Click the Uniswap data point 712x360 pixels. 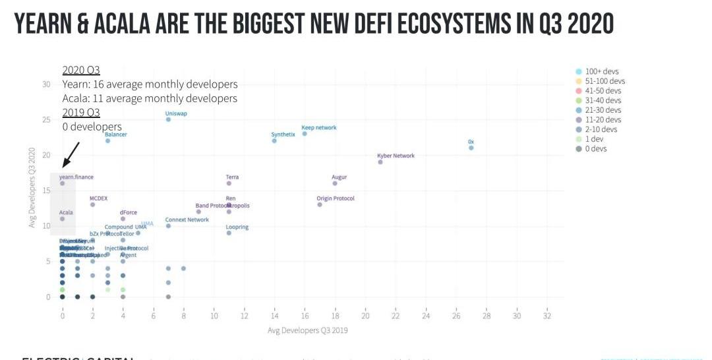click(x=168, y=119)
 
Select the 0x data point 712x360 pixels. click(x=471, y=148)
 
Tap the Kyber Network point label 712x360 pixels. click(x=396, y=156)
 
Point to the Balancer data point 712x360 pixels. click(x=107, y=140)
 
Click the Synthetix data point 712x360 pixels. click(x=274, y=140)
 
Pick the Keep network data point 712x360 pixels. click(x=305, y=134)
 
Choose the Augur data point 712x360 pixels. click(x=335, y=183)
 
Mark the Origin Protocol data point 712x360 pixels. click(x=320, y=204)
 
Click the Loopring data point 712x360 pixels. click(x=229, y=233)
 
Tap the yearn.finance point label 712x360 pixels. click(x=76, y=177)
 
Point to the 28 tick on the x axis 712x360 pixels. click(x=487, y=316)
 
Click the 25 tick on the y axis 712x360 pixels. click(x=46, y=119)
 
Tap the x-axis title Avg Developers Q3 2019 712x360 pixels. click(x=307, y=330)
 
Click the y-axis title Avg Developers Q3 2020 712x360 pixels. click(x=32, y=188)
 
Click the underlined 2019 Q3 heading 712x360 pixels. click(x=81, y=112)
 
